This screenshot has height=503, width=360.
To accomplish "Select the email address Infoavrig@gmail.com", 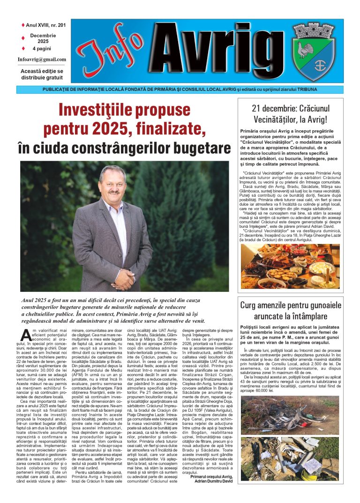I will click(x=42, y=59).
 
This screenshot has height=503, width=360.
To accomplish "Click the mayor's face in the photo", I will click(x=112, y=184).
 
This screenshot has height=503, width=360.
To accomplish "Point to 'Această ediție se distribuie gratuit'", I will click(x=42, y=74).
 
